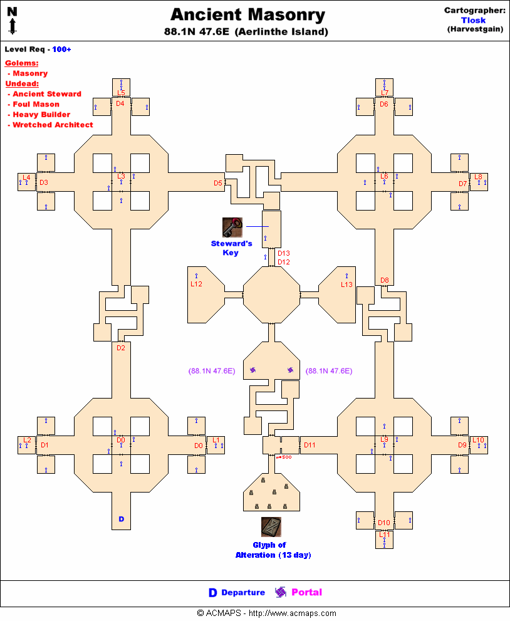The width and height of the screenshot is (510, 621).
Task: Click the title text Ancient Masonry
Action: point(247,15)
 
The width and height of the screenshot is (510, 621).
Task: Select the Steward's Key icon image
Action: point(232,227)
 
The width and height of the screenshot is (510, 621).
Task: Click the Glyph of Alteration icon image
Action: point(271,527)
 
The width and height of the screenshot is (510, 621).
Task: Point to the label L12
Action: point(197,284)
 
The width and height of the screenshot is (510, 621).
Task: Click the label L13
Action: point(347,284)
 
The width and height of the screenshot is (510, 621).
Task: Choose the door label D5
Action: point(218,183)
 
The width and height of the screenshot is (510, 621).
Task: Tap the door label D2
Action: point(121,348)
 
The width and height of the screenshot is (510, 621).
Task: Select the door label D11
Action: point(310,446)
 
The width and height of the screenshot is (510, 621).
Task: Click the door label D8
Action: point(385,280)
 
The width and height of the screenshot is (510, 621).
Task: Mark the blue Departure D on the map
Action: point(122,519)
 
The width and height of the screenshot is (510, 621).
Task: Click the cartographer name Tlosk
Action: point(474,20)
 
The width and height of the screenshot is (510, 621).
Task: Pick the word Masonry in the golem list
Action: point(30,73)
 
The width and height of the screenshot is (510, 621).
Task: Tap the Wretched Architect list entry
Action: point(53,125)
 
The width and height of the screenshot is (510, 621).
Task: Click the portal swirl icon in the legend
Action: point(280,592)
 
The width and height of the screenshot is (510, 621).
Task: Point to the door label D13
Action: point(284,253)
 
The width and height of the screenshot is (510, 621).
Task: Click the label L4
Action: point(27,177)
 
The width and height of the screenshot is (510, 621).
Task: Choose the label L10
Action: point(478,440)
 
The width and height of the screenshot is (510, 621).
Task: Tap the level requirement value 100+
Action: point(61,49)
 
